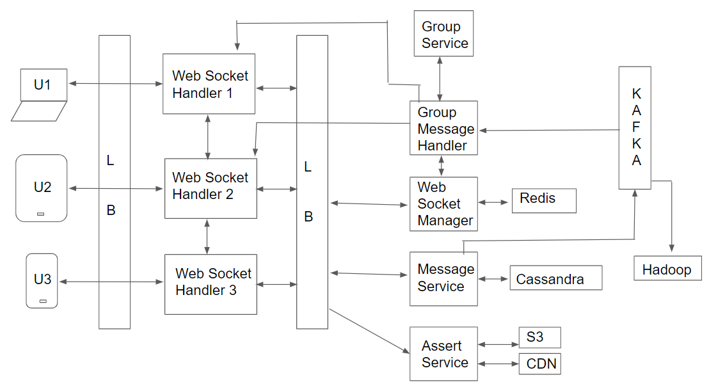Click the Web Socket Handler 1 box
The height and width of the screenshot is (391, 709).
pos(209,84)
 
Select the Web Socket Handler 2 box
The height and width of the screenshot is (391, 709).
pos(211,189)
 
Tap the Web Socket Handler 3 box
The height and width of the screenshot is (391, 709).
pos(211,284)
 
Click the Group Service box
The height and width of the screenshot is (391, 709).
pos(443,33)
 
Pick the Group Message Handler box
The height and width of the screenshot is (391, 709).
pos(443,128)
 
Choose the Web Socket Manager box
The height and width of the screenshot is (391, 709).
pos(443,203)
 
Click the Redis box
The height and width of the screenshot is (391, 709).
pos(544,200)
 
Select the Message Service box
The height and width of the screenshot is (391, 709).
pos(443,278)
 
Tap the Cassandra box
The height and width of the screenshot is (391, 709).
pos(555,278)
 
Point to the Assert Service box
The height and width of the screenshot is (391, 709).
pos(443,353)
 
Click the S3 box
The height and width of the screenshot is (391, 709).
pos(539,337)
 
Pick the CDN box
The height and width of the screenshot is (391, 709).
pos(539,363)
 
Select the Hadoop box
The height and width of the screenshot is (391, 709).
pos(667,269)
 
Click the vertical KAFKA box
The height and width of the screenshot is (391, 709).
pos(635,128)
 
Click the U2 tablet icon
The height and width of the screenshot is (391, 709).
pos(42,188)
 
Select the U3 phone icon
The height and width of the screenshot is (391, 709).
pos(42,280)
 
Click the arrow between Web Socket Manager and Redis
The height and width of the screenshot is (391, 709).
pos(495,202)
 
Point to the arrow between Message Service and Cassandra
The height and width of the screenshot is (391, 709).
pos(493,279)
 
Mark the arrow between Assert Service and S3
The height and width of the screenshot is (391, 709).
pos(498,344)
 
